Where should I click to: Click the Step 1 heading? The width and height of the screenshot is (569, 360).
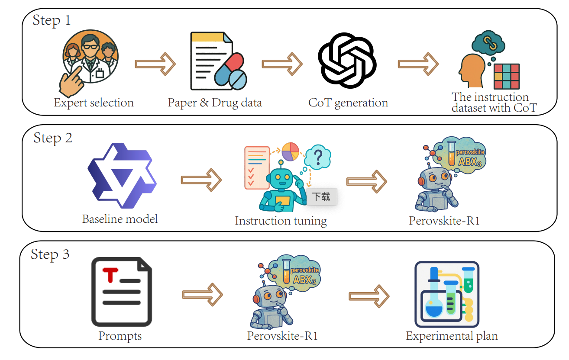point(52,20)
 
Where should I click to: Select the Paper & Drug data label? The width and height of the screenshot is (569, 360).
point(215,103)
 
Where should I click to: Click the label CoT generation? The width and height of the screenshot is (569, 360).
point(348,103)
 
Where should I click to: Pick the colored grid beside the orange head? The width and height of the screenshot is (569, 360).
point(506,76)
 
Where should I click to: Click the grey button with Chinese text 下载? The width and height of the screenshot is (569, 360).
point(321,197)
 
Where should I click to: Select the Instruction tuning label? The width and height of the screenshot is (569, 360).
point(281,221)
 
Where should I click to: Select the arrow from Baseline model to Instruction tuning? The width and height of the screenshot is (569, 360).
point(201,180)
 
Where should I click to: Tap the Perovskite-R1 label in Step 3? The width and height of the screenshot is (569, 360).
point(282,336)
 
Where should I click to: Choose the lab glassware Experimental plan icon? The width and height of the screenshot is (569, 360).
point(446,294)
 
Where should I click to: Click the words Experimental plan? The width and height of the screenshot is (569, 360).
point(452,336)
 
